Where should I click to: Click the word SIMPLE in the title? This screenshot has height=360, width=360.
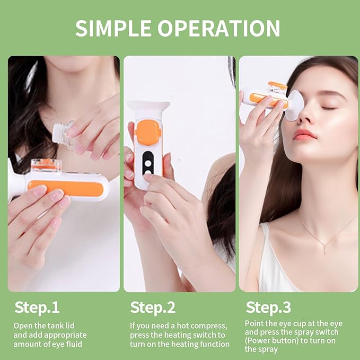(111, 28)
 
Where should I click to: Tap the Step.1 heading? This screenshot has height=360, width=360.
(37, 308)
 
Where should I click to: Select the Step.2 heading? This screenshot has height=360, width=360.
(153, 308)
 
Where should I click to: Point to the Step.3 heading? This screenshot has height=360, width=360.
(268, 308)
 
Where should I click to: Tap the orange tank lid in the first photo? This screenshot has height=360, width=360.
(46, 165)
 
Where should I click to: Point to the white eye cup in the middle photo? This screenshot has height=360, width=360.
(148, 109)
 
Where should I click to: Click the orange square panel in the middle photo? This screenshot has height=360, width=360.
(148, 133)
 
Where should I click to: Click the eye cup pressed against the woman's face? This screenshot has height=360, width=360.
(295, 104)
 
